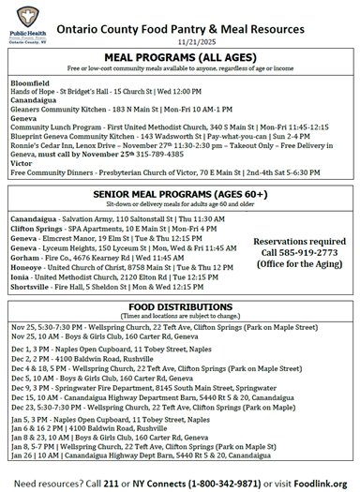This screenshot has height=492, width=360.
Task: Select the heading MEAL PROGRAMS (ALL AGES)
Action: [181, 58]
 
